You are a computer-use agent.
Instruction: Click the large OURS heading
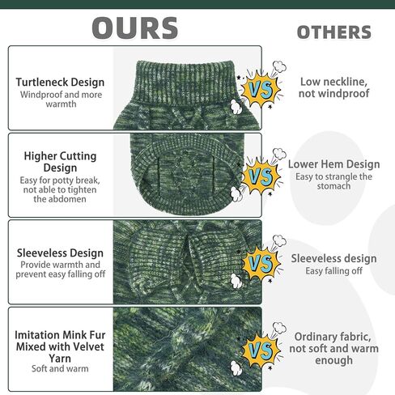click(x=135, y=28)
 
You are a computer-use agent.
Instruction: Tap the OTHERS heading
click(x=334, y=32)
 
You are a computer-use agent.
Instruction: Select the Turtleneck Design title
click(x=60, y=83)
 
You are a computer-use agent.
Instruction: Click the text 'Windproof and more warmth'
click(x=61, y=100)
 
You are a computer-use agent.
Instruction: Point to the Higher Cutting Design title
click(x=60, y=162)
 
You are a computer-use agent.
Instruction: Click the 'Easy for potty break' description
click(x=60, y=189)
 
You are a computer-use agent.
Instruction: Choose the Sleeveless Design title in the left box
click(x=60, y=253)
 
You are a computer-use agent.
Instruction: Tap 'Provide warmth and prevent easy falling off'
click(x=61, y=270)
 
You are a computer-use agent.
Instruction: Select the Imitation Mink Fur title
click(x=60, y=346)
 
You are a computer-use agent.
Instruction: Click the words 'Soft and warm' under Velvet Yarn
click(x=60, y=368)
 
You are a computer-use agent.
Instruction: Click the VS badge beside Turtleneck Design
click(x=261, y=89)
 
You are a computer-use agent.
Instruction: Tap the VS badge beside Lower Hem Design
click(x=261, y=176)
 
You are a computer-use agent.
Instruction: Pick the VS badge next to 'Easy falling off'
click(x=261, y=263)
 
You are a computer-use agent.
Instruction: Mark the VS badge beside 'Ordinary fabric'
click(x=261, y=350)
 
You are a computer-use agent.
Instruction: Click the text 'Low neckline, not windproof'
click(x=334, y=87)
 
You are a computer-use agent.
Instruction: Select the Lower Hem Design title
click(x=334, y=164)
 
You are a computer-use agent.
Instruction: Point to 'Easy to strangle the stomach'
click(x=333, y=181)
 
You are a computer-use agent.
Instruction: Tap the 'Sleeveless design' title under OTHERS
click(x=333, y=258)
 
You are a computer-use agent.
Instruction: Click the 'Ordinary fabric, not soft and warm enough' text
click(x=334, y=348)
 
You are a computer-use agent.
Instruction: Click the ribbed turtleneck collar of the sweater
click(x=185, y=83)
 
